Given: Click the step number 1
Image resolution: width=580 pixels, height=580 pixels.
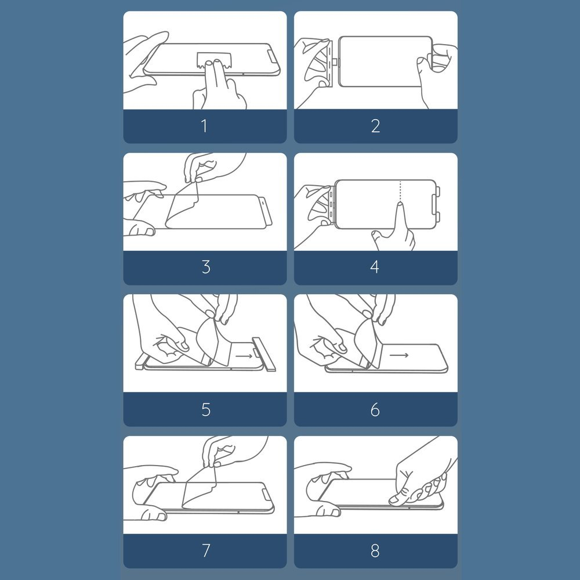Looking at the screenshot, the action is coord(204,126).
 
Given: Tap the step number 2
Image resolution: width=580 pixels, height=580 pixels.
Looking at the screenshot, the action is coord(375,126).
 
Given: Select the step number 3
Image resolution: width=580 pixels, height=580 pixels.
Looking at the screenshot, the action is coord(206,267).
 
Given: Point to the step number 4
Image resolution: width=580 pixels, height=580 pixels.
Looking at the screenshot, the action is coord(375,267).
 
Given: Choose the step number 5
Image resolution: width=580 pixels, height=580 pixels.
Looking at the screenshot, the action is coord(206,410).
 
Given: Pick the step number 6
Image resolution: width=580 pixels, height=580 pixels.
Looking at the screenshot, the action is coord(375,410).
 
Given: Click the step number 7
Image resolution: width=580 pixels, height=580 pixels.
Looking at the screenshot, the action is coord(206,550).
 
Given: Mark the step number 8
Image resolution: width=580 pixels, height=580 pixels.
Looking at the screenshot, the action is coord(375,550).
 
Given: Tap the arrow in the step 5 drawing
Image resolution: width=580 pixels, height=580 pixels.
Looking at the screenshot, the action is coord(244,356).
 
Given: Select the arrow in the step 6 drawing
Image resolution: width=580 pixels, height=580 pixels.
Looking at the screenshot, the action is coord(399,355).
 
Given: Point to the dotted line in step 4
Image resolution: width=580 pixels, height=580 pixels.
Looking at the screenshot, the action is coord(400,191).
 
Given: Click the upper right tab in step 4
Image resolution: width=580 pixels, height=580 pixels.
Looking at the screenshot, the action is coord(438,192).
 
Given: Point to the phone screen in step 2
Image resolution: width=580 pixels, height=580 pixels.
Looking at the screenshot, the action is coord(385,62).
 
